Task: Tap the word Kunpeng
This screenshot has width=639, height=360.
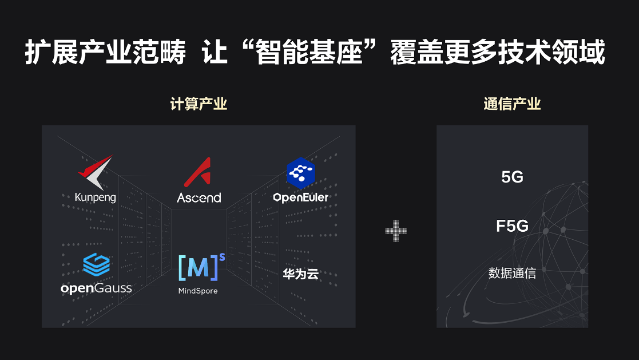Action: point(95,198)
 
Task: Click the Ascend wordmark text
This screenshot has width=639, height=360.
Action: point(199,198)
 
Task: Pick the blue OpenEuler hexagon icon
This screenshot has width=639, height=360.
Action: point(300,173)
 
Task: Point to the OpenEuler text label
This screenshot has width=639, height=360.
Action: point(301,197)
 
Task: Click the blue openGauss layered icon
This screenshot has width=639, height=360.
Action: point(96,264)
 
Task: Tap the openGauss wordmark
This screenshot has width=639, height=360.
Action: point(96,288)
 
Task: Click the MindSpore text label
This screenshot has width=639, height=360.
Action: point(198,291)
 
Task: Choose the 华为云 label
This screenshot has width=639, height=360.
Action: point(300,274)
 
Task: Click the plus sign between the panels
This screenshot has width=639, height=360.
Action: point(396,231)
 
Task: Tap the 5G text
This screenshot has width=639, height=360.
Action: point(512,177)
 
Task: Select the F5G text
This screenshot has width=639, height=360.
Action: point(512,227)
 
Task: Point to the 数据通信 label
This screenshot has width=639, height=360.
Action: point(512,274)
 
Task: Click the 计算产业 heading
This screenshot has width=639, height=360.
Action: point(199,104)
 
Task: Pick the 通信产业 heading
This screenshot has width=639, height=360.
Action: point(512,104)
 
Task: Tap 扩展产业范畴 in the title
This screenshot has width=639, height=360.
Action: point(105,53)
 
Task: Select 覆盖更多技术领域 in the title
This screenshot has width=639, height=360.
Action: point(498,53)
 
